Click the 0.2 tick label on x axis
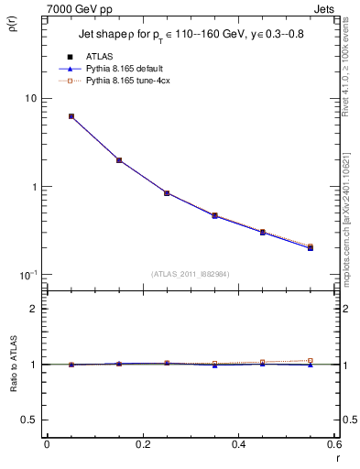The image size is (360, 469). tap(142, 444)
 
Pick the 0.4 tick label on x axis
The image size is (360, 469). tap(238, 444)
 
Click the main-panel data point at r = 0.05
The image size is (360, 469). tap(71, 116)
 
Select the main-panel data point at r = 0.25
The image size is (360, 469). tap(167, 193)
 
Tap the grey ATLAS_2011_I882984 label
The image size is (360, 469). tap(190, 273)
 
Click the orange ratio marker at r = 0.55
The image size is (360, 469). tap(311, 361)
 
